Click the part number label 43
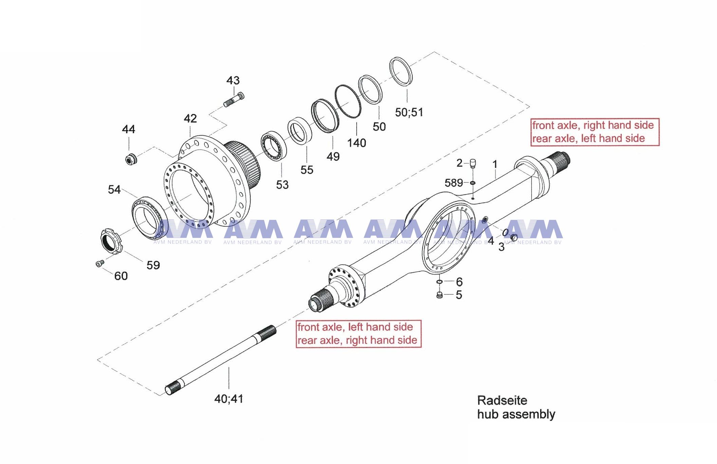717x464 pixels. click(x=233, y=81)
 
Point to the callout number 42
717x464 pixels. click(x=190, y=118)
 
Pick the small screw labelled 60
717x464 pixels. click(x=99, y=263)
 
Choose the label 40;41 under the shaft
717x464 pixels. click(x=229, y=399)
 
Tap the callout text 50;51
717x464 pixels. click(x=409, y=112)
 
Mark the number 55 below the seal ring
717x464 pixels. click(x=307, y=170)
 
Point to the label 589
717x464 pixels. click(x=453, y=183)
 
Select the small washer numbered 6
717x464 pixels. click(x=439, y=282)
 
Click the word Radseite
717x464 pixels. click(x=502, y=400)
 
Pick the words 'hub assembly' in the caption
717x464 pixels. click(x=516, y=414)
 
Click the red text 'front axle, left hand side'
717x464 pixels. click(x=355, y=327)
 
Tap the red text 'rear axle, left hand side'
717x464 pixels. click(x=588, y=138)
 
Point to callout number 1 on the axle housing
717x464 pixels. click(x=495, y=165)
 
